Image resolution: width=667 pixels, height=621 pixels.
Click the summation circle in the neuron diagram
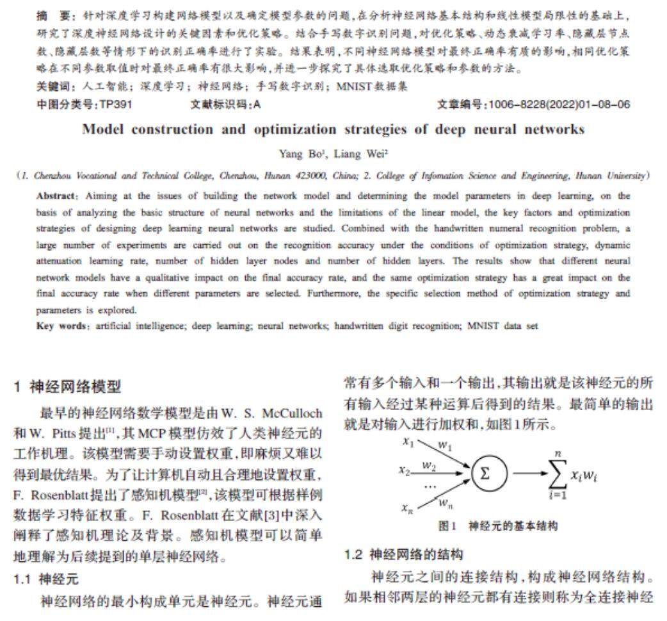click(x=489, y=474)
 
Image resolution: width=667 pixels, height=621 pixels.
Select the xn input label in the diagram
click(x=408, y=508)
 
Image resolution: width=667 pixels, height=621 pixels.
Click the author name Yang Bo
click(x=297, y=153)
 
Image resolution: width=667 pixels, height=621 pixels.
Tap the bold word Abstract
click(x=56, y=195)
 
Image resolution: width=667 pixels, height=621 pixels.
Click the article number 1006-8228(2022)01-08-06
click(x=559, y=104)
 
